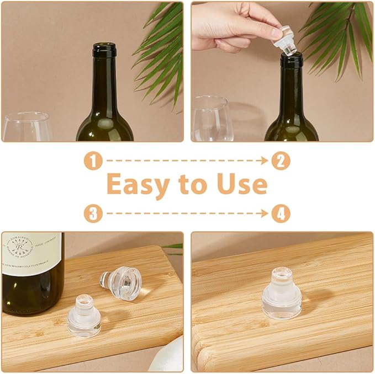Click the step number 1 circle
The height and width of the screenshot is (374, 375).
(x=93, y=161)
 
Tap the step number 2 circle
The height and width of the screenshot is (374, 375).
(x=281, y=161)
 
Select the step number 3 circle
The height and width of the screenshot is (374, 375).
(x=93, y=213)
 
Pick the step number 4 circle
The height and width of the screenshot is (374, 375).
(x=281, y=213)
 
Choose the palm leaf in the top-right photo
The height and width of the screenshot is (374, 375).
(x=342, y=39)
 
